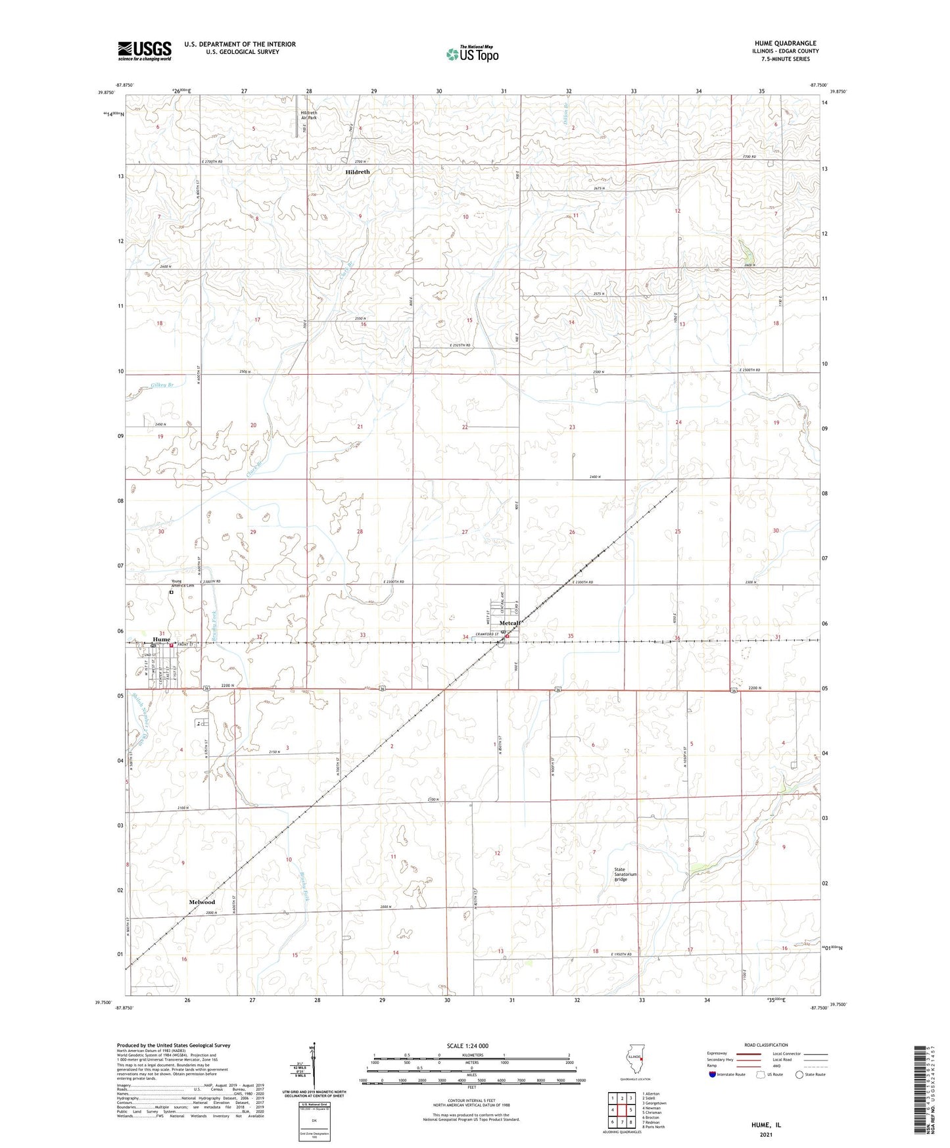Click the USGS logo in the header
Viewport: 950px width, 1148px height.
tap(144, 51)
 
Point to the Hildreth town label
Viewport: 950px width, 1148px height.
tap(358, 172)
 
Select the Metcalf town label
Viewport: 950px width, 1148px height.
tap(510, 623)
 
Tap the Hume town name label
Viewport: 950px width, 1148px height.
tap(161, 639)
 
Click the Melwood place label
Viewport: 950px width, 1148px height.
tap(202, 902)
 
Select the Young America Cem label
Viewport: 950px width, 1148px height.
tap(182, 583)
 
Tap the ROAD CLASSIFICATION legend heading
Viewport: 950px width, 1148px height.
tap(766, 1045)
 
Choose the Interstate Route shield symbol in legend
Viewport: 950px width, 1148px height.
tap(713, 1074)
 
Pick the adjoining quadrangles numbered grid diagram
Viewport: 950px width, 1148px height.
tap(621, 1110)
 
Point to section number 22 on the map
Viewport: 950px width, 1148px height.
tap(465, 427)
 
